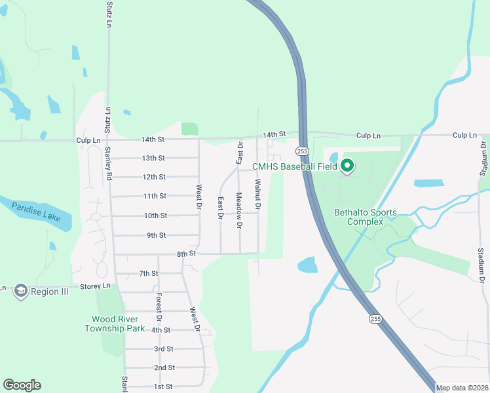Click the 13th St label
click(x=153, y=158)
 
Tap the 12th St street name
click(x=154, y=177)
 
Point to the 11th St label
click(x=155, y=196)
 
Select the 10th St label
click(x=155, y=215)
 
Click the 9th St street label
click(x=156, y=235)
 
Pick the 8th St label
click(x=186, y=253)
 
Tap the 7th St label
click(x=149, y=273)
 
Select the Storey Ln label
click(x=96, y=286)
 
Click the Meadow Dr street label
click(x=239, y=210)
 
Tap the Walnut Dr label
click(x=258, y=195)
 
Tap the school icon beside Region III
click(x=20, y=291)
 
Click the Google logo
click(x=22, y=385)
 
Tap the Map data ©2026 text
click(x=462, y=388)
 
